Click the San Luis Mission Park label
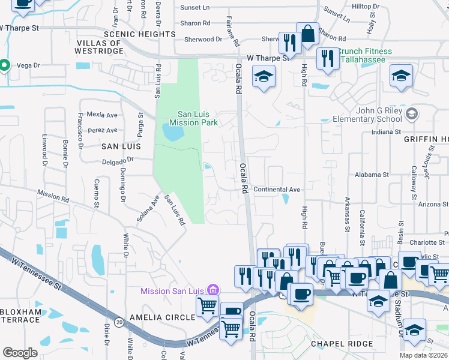point(193,118)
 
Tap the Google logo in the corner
point(20,353)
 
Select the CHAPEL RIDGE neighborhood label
point(342,344)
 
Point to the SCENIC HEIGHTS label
point(131,35)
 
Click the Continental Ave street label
point(277,190)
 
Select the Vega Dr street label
point(28,65)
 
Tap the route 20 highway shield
point(119,323)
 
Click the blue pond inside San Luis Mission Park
point(173,133)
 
